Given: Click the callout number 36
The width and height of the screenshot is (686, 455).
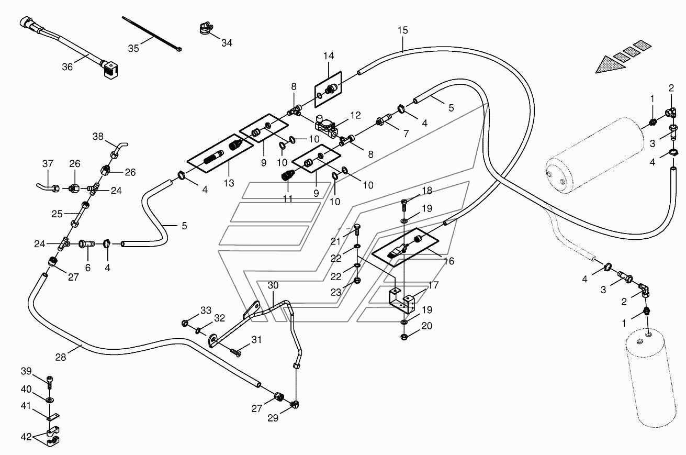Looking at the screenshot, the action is [x=68, y=67].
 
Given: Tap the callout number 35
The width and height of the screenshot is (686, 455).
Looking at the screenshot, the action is [x=133, y=48].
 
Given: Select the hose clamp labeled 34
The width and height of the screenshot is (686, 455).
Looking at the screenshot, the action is [x=206, y=28].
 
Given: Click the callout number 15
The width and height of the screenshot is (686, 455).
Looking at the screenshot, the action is [x=403, y=30].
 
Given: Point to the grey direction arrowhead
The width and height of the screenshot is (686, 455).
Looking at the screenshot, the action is [x=610, y=65].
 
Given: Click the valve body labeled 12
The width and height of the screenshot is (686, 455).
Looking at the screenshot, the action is [x=326, y=126].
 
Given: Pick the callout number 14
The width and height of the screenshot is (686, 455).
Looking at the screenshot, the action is [x=328, y=56].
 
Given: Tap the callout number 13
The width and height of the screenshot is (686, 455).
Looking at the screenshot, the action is [x=229, y=183].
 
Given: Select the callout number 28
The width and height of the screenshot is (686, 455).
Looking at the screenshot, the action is [x=61, y=357].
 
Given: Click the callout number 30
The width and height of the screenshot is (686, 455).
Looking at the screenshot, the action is [x=273, y=285].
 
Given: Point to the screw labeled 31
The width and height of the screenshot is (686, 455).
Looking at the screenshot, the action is [x=235, y=353].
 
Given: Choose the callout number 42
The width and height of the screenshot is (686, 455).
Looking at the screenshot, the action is [x=26, y=437].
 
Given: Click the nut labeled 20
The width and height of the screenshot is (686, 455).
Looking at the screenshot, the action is [x=404, y=337].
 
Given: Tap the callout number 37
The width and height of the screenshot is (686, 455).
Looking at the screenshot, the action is [x=48, y=163].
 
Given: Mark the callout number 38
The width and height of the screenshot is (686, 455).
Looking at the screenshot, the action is [x=98, y=136].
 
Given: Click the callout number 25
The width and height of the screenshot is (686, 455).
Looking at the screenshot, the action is [x=57, y=214].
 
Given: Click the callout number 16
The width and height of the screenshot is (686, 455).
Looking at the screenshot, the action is [x=448, y=261].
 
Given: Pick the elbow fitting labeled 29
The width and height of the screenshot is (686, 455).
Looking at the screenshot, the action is [x=295, y=404].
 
